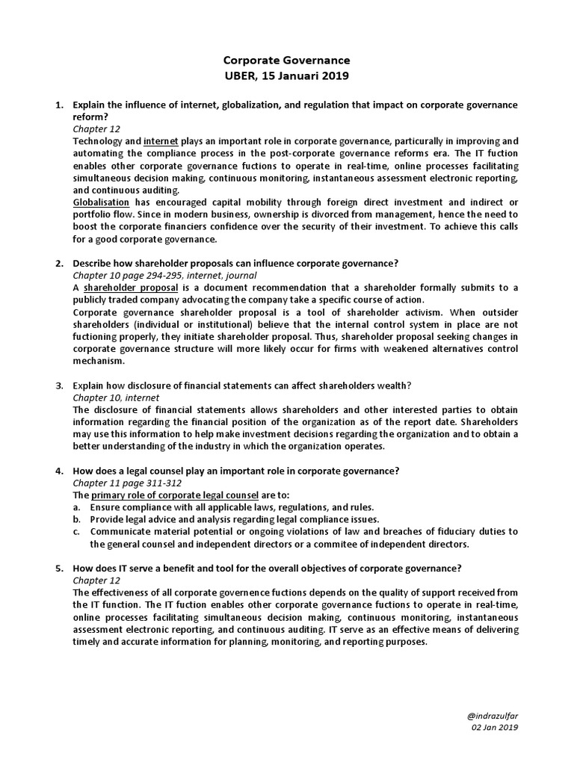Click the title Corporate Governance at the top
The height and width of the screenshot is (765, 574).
[x=287, y=60]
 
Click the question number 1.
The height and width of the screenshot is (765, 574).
[x=59, y=105]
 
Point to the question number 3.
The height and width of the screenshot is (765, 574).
[x=59, y=385]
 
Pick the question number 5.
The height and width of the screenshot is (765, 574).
[x=59, y=568]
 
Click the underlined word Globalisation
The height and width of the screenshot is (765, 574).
[x=101, y=202]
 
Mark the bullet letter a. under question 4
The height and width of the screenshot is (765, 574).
[x=77, y=507]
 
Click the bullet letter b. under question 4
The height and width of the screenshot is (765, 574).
[x=77, y=519]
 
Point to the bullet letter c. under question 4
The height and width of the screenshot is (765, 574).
[x=76, y=531]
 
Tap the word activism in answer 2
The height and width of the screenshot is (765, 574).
[x=379, y=312]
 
